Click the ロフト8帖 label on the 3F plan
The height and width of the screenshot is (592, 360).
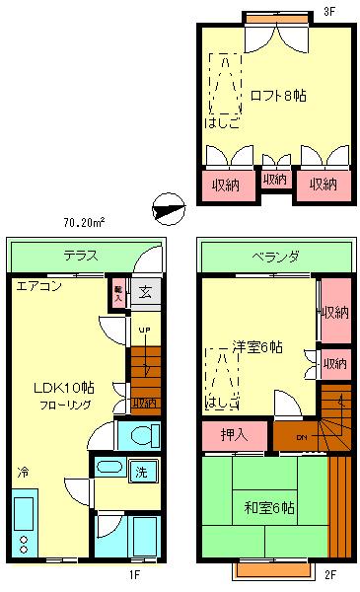(277, 96)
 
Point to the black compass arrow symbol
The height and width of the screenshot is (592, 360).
(168, 208)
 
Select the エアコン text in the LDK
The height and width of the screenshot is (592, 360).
(39, 287)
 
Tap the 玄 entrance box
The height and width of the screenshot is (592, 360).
(144, 292)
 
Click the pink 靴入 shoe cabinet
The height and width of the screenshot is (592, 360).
(118, 292)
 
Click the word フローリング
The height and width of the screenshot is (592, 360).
(66, 405)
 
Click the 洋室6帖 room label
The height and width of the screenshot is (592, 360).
(257, 347)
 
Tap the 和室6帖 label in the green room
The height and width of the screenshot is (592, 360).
(269, 509)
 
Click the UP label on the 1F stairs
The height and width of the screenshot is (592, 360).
(144, 330)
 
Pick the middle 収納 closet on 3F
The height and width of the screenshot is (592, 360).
(275, 180)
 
